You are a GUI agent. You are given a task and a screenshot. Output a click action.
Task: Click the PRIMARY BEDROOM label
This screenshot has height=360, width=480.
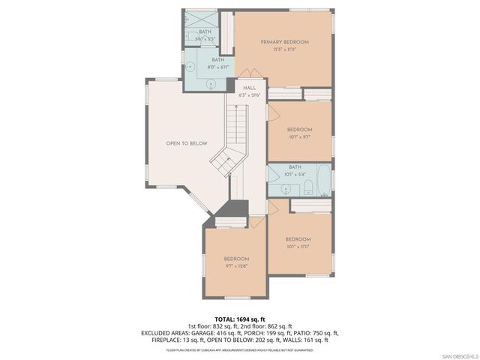coord(284,42)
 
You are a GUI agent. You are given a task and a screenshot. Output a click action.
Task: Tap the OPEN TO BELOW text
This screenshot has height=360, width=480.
coord(187,143)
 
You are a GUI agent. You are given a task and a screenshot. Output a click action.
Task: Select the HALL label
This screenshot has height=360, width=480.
coord(249,88)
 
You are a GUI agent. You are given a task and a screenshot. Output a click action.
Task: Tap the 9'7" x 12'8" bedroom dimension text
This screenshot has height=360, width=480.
coord(235,265)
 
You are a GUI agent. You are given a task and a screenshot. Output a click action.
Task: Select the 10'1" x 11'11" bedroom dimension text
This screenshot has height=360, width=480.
coord(298,246)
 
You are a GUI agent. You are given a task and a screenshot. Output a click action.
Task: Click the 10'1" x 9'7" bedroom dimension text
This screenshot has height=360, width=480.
coord(299,137)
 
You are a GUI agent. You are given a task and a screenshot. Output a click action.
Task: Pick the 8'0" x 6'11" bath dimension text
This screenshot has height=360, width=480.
coord(217,67)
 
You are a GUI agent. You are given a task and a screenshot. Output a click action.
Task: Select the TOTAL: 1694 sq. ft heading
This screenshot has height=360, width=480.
coord(240,318)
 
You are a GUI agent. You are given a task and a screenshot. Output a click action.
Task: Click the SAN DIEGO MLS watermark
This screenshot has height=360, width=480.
coord(459,355)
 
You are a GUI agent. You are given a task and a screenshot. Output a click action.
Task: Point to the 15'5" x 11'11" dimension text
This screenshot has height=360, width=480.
coord(284,49)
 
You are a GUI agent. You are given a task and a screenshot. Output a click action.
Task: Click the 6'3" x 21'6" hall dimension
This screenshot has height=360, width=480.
coord(249,94)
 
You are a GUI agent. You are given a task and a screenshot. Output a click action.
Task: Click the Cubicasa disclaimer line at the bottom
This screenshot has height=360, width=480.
coord(240,349)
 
